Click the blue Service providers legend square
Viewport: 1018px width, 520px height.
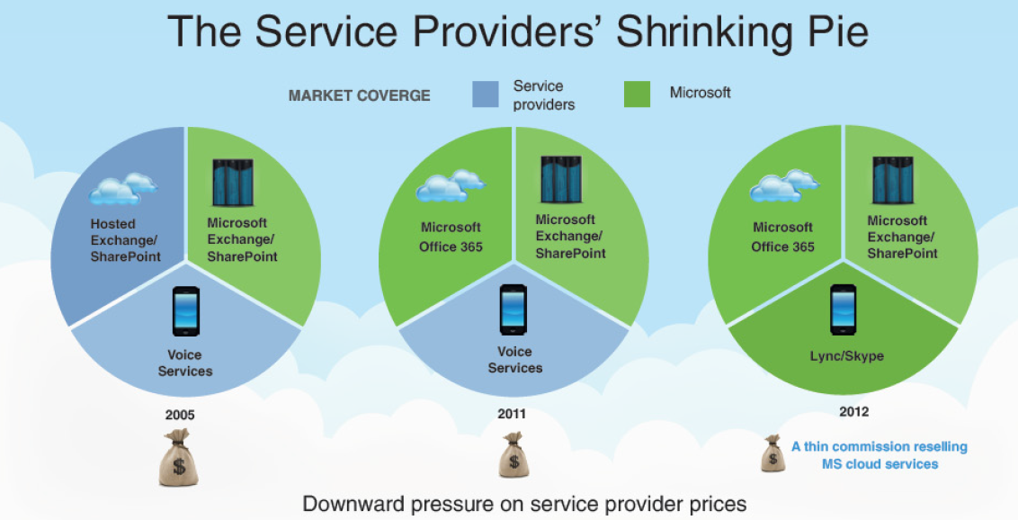click(x=486, y=94)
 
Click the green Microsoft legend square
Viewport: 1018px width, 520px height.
click(x=637, y=94)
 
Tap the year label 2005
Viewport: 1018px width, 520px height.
click(x=180, y=414)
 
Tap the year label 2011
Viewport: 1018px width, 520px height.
click(x=512, y=414)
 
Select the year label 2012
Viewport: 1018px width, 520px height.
click(x=853, y=411)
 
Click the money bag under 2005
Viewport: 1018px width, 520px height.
click(x=179, y=457)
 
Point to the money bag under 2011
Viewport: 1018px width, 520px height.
click(x=514, y=454)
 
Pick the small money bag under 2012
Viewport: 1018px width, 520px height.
click(x=772, y=453)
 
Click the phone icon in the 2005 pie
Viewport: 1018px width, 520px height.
click(x=185, y=311)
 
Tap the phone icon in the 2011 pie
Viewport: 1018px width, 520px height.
click(x=513, y=309)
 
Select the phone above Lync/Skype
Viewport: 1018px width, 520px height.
click(x=844, y=309)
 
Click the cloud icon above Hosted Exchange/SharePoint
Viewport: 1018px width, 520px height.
click(x=123, y=188)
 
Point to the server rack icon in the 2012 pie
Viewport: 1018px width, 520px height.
click(x=893, y=181)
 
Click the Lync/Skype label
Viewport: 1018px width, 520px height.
click(x=846, y=355)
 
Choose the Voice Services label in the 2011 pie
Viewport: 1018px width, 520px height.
click(x=514, y=360)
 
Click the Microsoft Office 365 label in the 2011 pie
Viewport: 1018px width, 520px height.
click(x=451, y=237)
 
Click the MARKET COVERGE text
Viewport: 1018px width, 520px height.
click(x=359, y=95)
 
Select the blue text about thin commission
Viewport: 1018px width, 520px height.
click(x=880, y=455)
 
